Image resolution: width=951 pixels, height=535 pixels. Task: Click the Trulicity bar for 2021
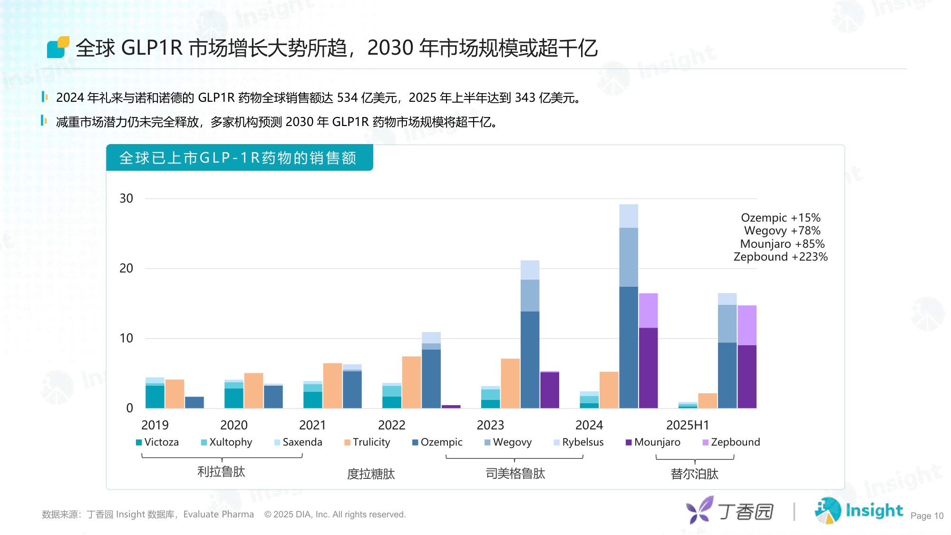click(x=332, y=386)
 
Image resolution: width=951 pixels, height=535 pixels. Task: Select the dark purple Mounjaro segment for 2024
click(x=648, y=368)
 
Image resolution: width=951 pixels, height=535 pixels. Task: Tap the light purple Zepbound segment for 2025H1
click(x=747, y=325)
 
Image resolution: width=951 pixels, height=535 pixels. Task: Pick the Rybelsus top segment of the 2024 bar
click(x=629, y=216)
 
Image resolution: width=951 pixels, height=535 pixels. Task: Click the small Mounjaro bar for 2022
click(x=451, y=407)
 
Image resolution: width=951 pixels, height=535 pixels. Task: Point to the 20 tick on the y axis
click(x=126, y=268)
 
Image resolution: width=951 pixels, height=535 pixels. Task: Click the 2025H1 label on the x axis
click(x=687, y=425)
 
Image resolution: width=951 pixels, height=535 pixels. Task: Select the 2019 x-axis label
click(x=155, y=425)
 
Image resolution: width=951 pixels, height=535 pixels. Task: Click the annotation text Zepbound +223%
click(x=780, y=257)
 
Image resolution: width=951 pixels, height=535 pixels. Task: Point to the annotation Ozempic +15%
click(x=780, y=218)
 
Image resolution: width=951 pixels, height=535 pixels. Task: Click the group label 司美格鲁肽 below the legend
click(x=515, y=474)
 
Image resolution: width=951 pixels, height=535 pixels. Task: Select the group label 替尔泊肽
click(x=694, y=474)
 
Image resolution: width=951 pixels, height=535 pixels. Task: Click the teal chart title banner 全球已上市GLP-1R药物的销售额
click(x=239, y=158)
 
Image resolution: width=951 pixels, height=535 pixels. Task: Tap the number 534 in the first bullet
click(x=347, y=98)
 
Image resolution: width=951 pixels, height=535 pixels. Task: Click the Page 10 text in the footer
click(x=926, y=516)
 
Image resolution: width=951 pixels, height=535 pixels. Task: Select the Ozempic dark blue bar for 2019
click(x=194, y=402)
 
